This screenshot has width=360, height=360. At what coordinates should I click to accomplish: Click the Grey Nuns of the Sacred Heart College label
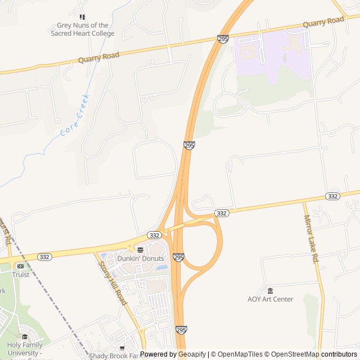85,29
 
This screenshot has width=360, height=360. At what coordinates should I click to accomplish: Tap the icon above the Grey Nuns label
82,17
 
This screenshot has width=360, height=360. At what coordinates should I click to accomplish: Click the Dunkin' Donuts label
140,258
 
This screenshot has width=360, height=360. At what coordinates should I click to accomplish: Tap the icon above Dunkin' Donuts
140,250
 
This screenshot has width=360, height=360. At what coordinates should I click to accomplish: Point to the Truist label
20,274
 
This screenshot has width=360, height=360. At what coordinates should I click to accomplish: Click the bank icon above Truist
20,266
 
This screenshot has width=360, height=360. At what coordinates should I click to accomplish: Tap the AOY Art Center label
270,299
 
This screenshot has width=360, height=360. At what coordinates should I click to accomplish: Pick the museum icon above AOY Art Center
270,291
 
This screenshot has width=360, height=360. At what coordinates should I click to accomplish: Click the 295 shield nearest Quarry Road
223,39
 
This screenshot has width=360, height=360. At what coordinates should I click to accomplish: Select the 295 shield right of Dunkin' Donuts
179,257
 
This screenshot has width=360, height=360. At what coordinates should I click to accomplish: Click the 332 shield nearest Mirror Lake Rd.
332,196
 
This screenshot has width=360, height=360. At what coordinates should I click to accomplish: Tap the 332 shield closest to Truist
44,256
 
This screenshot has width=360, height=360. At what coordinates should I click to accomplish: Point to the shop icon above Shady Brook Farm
122,348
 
